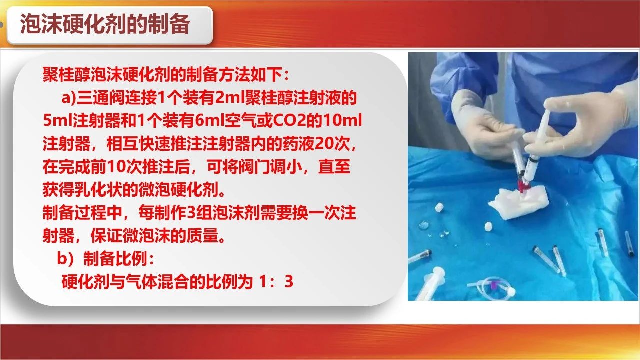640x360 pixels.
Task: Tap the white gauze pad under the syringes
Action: point(518,202)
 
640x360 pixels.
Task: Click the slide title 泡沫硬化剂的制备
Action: point(105,25)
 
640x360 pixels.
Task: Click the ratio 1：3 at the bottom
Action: point(276,281)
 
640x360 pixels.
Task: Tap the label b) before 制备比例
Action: point(66,259)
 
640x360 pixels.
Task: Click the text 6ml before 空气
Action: point(210,121)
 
